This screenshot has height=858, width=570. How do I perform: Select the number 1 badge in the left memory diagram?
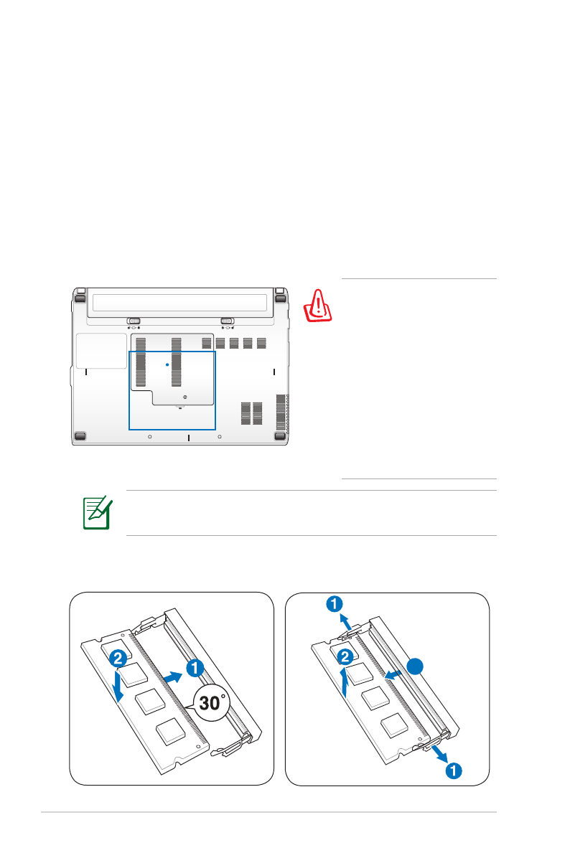point(195,668)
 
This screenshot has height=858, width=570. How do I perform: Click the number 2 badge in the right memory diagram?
point(346,655)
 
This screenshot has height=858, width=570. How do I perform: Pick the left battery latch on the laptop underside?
point(134,321)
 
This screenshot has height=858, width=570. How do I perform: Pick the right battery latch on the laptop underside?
point(227,321)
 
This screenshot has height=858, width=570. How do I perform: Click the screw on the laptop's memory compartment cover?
point(185,396)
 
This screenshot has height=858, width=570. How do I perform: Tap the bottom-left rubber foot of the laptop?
point(80,435)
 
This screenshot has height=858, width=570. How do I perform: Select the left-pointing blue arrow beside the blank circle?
point(393,673)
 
